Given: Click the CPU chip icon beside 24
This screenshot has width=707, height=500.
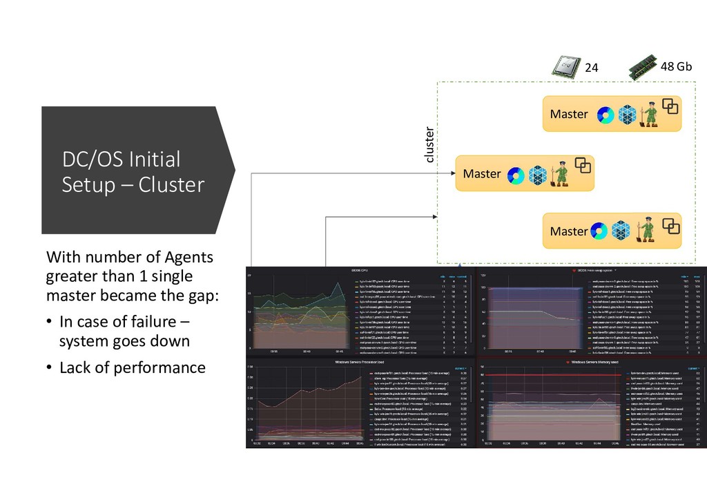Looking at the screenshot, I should pyautogui.click(x=564, y=67).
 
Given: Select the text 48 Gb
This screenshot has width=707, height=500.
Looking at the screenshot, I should pyautogui.click(x=676, y=67).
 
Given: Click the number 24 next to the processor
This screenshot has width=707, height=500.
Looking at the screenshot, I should pyautogui.click(x=592, y=68).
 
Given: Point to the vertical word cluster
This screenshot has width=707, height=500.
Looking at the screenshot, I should pyautogui.click(x=429, y=145).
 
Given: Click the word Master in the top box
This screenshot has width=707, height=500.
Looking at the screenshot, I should pyautogui.click(x=569, y=114).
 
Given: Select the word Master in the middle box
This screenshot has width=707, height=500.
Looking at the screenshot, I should pyautogui.click(x=481, y=173).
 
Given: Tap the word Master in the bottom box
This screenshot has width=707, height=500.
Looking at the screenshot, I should pyautogui.click(x=568, y=231).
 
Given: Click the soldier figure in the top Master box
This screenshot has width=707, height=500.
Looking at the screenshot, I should pyautogui.click(x=648, y=115).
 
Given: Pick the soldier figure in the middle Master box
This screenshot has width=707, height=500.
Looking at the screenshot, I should pyautogui.click(x=561, y=174).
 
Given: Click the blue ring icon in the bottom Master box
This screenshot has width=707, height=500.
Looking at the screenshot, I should pyautogui.click(x=598, y=231).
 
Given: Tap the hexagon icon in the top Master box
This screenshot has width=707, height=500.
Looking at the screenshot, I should pyautogui.click(x=627, y=115).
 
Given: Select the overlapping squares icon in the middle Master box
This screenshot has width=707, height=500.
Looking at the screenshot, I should pyautogui.click(x=584, y=165).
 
